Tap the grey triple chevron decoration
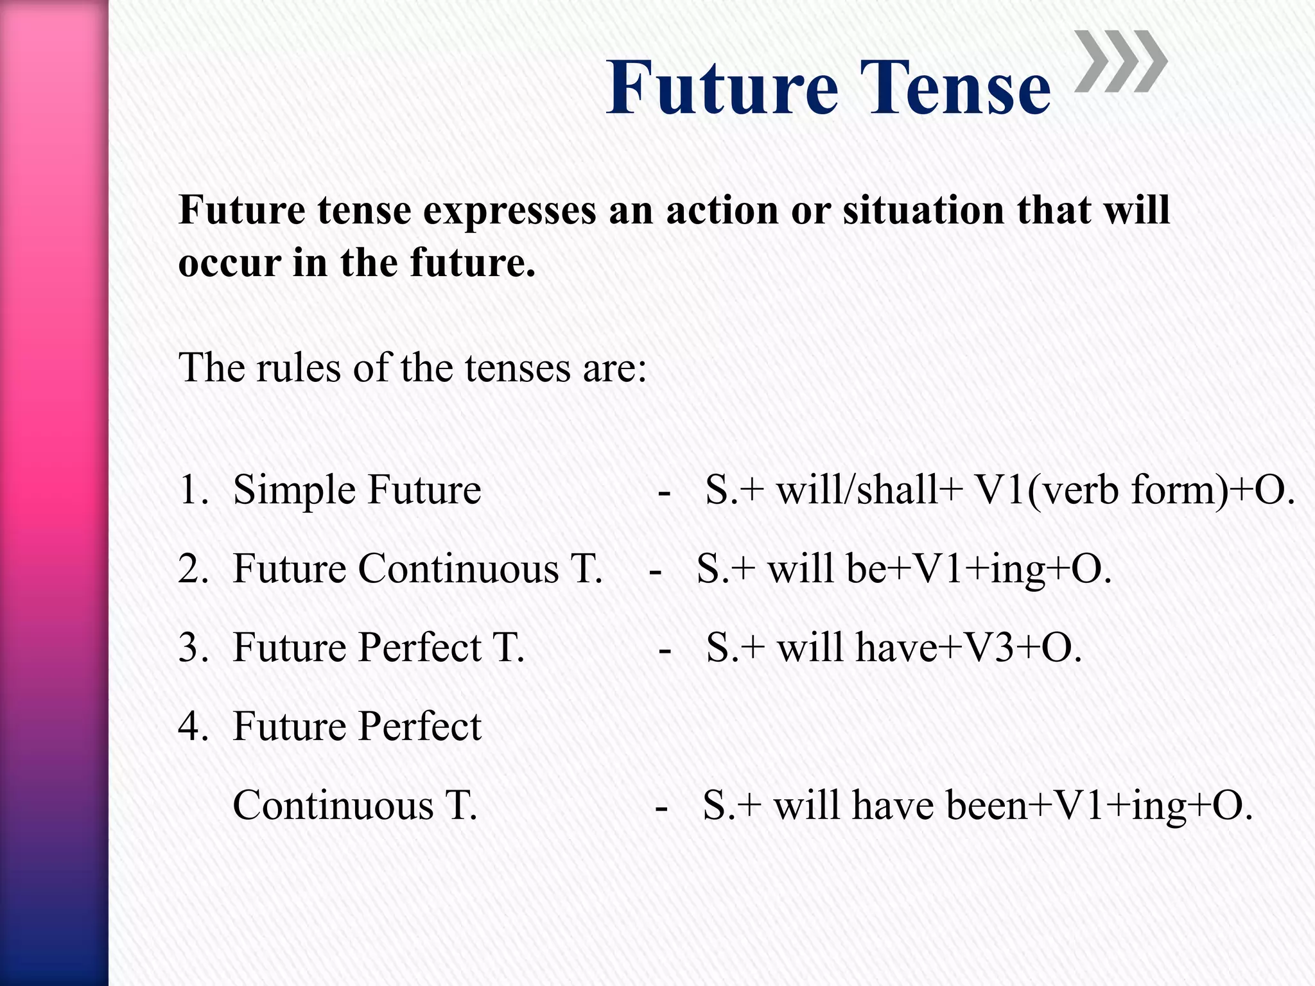point(1120,62)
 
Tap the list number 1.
point(193,490)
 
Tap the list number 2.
point(193,569)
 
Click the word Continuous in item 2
point(458,569)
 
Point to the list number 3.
point(193,648)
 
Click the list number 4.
point(193,727)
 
